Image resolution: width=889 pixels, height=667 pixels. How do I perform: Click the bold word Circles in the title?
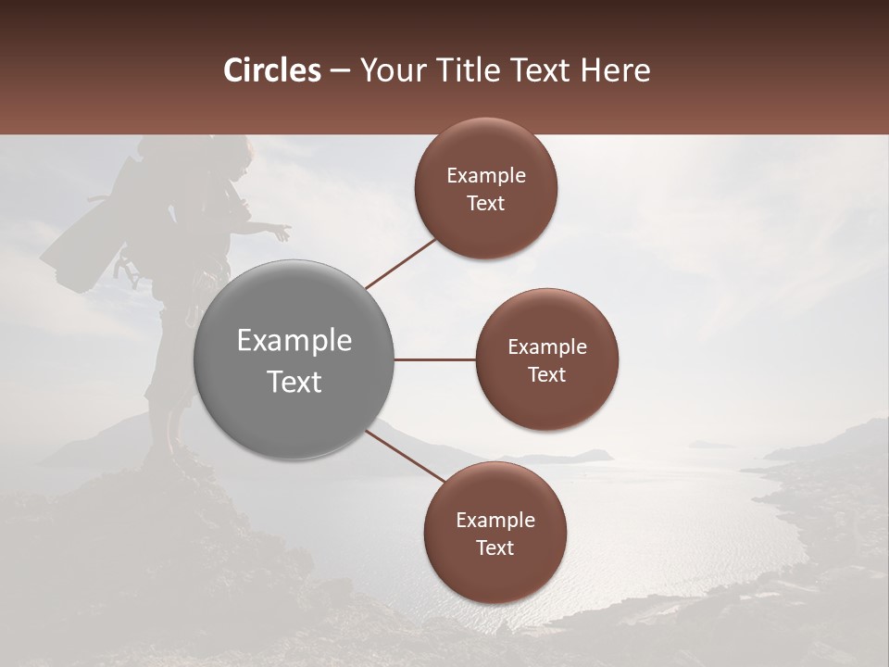tap(272, 70)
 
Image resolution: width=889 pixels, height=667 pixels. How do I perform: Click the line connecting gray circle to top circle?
tap(400, 263)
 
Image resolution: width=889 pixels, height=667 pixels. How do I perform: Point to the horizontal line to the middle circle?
tap(434, 359)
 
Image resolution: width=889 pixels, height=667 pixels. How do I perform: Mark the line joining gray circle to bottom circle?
tap(400, 456)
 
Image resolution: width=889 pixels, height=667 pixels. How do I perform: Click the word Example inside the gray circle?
tap(294, 341)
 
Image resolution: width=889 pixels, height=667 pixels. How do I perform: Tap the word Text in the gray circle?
tap(294, 382)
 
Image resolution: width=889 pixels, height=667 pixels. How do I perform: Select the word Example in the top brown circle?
tap(486, 176)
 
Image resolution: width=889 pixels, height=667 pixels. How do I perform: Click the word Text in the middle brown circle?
tap(547, 374)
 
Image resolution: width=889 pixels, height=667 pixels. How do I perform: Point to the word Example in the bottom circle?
tap(495, 521)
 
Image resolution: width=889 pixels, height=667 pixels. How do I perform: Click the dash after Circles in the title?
tap(340, 71)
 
